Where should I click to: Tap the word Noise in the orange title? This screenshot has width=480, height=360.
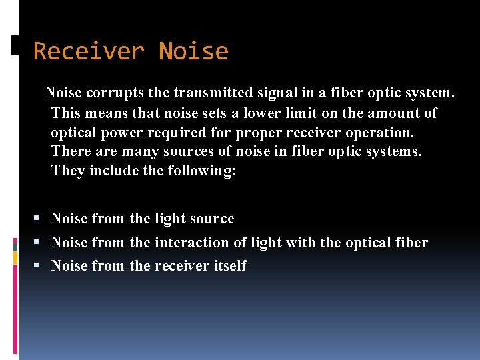(x=193, y=51)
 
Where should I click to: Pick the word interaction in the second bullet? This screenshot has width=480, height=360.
(x=190, y=243)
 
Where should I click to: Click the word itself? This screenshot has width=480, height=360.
(x=230, y=266)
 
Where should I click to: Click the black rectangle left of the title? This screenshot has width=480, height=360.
(x=15, y=45)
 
